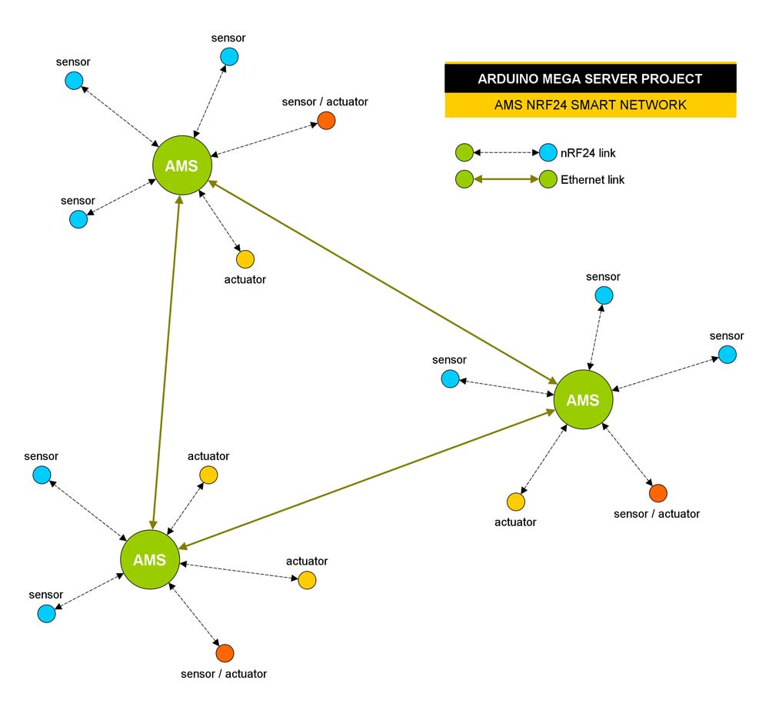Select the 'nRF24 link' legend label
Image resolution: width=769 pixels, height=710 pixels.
click(x=588, y=153)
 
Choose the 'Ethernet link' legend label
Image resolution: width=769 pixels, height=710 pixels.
click(x=593, y=180)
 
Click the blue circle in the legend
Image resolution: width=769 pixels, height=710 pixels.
click(x=548, y=152)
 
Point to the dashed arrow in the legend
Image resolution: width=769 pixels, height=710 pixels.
click(x=506, y=152)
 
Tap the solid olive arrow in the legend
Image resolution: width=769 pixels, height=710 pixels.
click(x=506, y=179)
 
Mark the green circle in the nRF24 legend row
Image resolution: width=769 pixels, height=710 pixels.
click(x=464, y=152)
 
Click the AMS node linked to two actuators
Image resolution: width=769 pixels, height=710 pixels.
click(x=149, y=559)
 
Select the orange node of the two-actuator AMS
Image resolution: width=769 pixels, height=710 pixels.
click(x=225, y=653)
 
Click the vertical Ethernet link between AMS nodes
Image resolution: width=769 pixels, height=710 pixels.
click(x=166, y=362)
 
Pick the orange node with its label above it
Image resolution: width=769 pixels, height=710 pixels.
click(x=326, y=120)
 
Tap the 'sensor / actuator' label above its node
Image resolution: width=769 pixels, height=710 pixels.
click(x=325, y=102)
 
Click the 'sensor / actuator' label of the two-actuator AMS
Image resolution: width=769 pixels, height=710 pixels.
click(x=224, y=674)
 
